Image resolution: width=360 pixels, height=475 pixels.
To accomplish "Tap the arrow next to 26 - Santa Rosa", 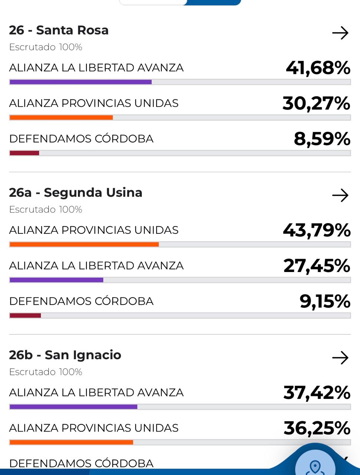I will pos(340,33).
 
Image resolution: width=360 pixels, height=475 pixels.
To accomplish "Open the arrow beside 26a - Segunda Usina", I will pos(340,195).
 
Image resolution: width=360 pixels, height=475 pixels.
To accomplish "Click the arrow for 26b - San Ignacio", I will pos(340,358).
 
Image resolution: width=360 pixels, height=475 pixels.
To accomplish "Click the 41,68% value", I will pos(318,68).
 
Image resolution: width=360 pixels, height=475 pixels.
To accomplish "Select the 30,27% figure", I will pos(316,103).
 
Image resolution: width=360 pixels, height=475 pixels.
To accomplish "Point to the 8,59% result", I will pos(322,139).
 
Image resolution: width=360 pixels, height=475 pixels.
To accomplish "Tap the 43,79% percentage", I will pos(317,230).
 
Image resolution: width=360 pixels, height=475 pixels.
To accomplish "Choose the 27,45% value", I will pos(317,266).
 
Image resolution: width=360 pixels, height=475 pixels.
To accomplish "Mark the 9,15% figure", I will pos(325,301).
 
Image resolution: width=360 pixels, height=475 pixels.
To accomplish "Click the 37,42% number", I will pos(317,393).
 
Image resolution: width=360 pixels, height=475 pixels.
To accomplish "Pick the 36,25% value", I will pos(317,428).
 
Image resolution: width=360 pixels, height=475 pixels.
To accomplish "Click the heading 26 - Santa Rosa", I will pos(59,30).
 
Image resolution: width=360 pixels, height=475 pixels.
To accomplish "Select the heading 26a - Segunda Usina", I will pos(76,193).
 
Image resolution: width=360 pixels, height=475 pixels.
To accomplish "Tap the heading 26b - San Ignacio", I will pos(65,355).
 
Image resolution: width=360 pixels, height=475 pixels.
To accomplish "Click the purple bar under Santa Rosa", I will pos(81,82).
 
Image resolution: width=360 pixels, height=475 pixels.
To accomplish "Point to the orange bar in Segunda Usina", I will pos(84,245).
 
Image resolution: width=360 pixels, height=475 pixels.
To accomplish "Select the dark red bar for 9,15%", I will pos(25,316).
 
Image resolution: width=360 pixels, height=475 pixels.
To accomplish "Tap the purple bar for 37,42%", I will pos(73,407).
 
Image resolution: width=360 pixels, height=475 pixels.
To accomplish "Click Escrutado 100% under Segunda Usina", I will pos(45,210).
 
